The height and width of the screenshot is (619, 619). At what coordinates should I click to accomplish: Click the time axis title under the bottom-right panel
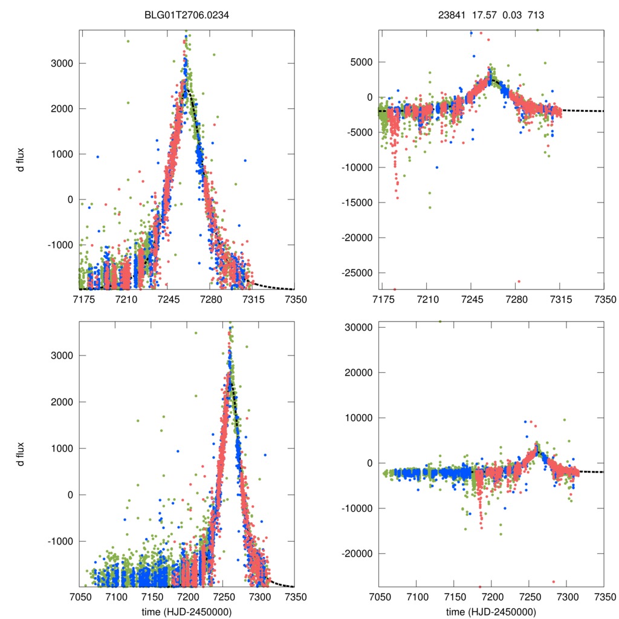(491, 611)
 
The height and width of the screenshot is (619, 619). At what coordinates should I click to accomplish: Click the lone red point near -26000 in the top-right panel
(519, 281)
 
